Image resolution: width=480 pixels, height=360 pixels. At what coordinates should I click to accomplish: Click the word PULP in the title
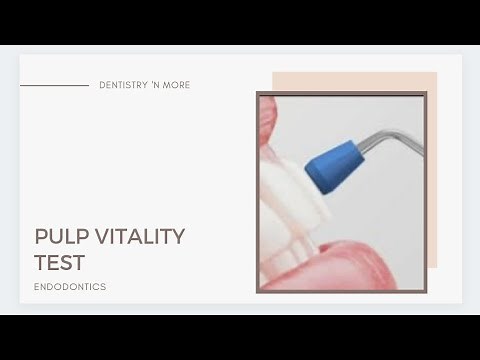[58, 237]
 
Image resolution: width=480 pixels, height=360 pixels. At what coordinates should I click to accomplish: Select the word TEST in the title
[59, 263]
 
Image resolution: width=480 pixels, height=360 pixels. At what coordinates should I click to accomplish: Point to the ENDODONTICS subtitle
[70, 287]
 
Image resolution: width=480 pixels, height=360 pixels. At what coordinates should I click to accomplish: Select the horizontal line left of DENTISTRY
[54, 86]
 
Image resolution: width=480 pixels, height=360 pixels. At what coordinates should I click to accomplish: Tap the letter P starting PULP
[41, 237]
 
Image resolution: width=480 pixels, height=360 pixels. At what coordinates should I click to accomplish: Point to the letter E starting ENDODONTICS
[37, 287]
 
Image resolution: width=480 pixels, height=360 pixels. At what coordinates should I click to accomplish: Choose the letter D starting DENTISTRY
[103, 86]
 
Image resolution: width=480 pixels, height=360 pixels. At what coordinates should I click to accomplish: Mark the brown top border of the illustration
[341, 94]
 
